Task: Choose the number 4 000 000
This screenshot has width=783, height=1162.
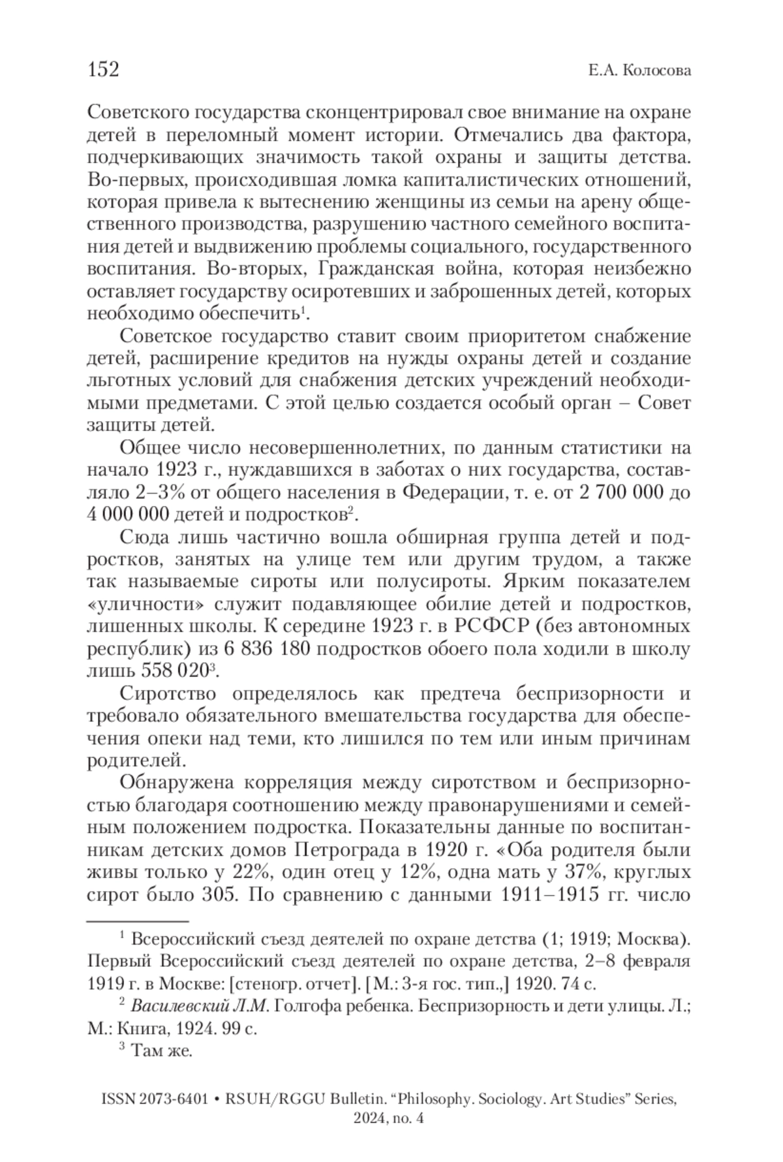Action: (x=128, y=514)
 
